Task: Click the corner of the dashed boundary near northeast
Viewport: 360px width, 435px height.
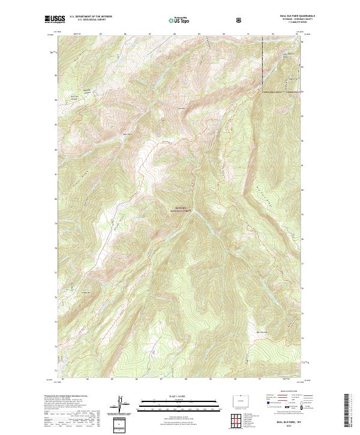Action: coord(262,92)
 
